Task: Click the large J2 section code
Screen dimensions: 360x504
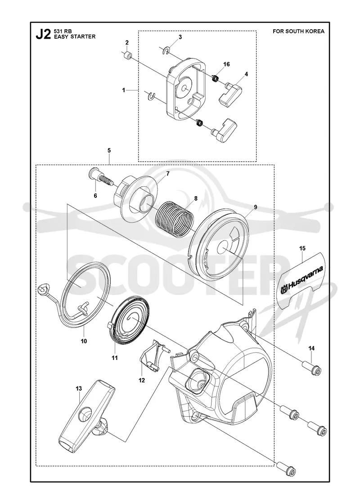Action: coord(43,34)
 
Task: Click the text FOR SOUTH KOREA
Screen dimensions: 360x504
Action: coord(298,31)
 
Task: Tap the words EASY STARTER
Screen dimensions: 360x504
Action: coord(75,36)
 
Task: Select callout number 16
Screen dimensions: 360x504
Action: coord(226,64)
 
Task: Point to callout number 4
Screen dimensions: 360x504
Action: coord(246,74)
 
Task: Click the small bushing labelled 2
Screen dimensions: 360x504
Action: coord(128,56)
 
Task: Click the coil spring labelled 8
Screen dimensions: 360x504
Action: coord(174,218)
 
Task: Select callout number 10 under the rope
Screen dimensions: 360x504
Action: coord(84,341)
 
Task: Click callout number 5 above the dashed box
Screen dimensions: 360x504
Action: coord(109,150)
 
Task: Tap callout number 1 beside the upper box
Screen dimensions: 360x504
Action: coord(123,90)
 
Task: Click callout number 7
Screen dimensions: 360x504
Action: coord(167,173)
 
